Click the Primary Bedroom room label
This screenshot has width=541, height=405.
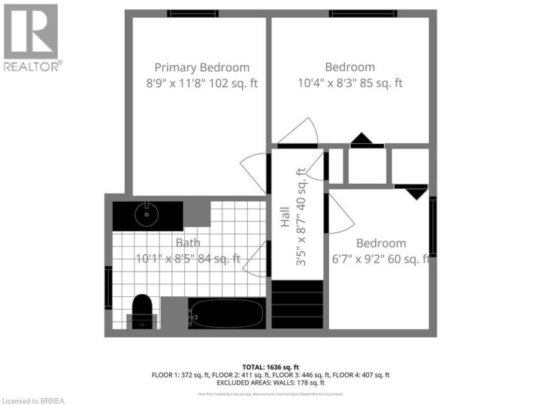[x=201, y=67]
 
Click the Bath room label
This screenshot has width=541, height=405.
[x=188, y=242]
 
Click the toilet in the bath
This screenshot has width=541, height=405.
[x=141, y=310]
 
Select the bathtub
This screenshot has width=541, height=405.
[x=225, y=313]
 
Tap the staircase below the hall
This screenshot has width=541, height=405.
[x=298, y=304]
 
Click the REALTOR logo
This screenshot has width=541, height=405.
[x=31, y=37]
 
